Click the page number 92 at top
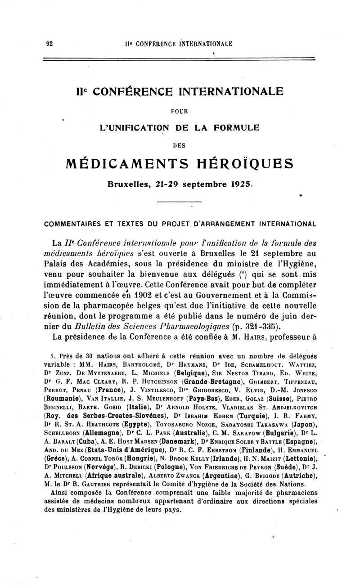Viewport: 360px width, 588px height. (x=50, y=44)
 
